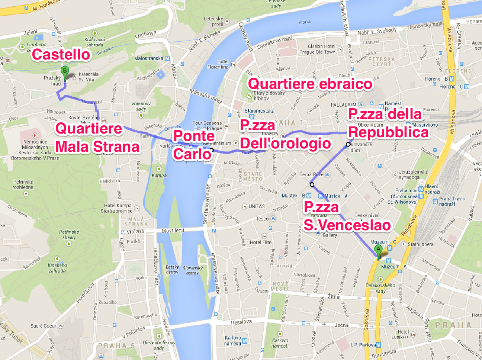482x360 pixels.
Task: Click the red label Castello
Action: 61,55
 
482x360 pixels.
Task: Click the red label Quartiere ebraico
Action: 310,84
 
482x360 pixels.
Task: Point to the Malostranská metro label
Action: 148,58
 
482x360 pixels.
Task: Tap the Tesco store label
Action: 262,219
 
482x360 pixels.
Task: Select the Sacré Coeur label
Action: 44,326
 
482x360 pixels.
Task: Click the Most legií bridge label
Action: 173,231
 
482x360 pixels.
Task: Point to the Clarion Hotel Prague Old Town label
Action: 317,49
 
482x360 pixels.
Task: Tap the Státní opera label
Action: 420,244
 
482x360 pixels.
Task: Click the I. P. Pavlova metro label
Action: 363,345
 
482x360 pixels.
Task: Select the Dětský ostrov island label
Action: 172,270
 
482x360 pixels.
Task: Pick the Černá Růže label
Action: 311,174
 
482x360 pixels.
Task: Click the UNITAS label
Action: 257,206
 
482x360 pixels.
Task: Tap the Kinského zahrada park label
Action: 57,268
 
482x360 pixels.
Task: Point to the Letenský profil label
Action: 213,21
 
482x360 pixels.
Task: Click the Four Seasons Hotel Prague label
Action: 207,126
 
